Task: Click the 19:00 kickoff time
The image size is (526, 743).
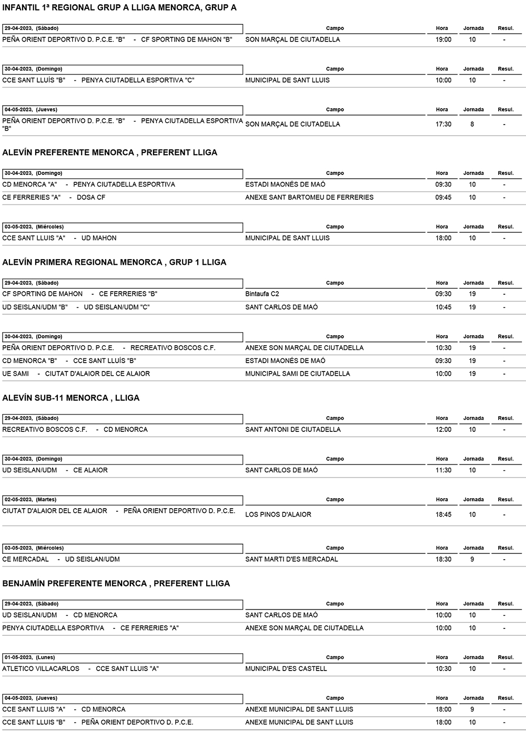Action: pos(443,40)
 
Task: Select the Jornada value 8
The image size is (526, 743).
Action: pos(472,125)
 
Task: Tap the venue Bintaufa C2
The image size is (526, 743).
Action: pos(262,294)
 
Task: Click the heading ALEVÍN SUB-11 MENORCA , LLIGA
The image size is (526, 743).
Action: pos(71,398)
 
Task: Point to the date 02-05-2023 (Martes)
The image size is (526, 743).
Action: pos(31,500)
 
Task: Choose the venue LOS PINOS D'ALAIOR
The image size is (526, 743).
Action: pos(278,515)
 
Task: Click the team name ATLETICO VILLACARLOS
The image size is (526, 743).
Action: pos(41,669)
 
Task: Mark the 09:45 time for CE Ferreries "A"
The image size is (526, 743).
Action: pos(443,198)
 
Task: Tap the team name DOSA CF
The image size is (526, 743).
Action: pos(91,198)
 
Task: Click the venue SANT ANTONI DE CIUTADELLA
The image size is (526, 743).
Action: pos(293,430)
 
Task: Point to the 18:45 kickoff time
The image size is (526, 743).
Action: pos(443,515)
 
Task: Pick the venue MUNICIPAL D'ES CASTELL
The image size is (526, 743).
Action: pos(286,669)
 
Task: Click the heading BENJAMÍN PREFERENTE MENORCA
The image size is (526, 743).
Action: pos(116,584)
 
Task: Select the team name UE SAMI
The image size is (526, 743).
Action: pos(16,374)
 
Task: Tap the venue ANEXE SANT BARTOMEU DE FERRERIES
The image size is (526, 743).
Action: pos(309,198)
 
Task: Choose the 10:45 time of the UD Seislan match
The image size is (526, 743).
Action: pos(443,307)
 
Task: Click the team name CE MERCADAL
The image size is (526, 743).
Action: pos(25,560)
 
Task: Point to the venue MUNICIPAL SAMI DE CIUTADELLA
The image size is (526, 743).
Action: pos(297,374)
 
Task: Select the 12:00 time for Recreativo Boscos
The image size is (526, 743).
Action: pos(443,430)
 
